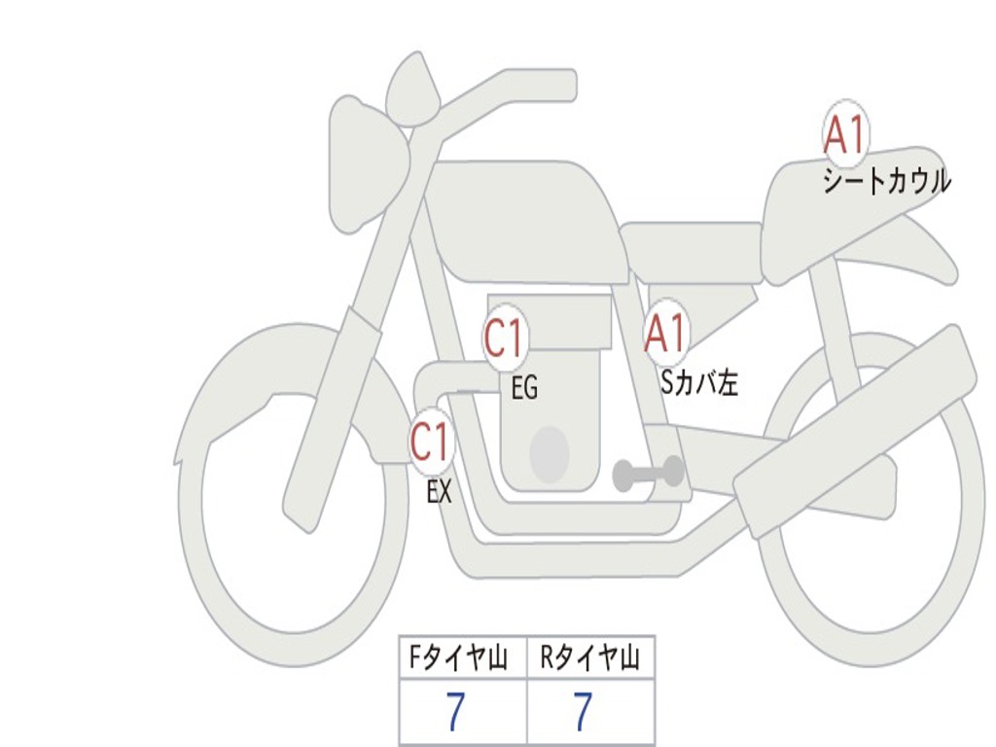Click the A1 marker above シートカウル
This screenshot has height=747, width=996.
845,135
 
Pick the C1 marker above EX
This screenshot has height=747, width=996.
431,443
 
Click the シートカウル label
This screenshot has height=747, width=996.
886,181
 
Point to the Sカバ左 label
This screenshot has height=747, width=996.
699,383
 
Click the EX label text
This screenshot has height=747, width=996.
440,492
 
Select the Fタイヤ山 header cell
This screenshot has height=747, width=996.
463,659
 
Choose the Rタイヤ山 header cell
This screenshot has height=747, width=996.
590,659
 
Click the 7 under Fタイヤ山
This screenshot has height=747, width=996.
455,713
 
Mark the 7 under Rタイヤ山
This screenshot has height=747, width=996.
582,713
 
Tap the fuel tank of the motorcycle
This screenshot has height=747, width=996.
525,219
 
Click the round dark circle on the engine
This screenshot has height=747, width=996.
549,454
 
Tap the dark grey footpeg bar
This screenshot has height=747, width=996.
648,474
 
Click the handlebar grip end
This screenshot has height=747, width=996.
564,85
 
